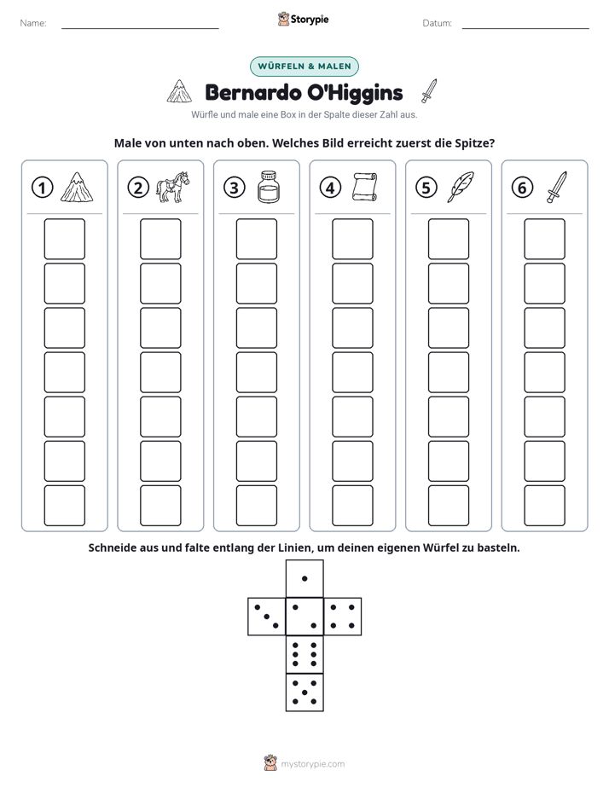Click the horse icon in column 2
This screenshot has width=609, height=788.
tap(172, 187)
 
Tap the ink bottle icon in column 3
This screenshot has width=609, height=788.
tap(269, 187)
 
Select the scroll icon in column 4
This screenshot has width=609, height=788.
tap(364, 187)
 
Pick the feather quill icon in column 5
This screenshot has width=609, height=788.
tap(461, 187)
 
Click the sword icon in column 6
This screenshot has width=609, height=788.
tap(557, 187)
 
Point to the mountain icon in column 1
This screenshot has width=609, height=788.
tap(77, 187)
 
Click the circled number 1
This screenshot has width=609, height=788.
tap(42, 188)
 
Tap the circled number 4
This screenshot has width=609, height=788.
tap(330, 188)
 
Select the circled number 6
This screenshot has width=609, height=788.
tap(522, 188)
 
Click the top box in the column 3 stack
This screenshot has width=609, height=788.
tap(256, 239)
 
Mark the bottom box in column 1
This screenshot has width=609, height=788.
tap(64, 506)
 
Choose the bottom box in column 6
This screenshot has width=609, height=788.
tap(544, 506)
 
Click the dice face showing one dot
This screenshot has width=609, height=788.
tap(304, 578)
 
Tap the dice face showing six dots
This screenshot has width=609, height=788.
tap(304, 654)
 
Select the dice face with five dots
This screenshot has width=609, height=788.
tap(304, 692)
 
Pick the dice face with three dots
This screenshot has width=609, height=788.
tap(267, 616)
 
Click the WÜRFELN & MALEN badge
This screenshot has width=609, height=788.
tap(304, 67)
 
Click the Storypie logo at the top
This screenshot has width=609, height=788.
tap(304, 19)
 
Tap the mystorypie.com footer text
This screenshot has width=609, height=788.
tap(312, 764)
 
